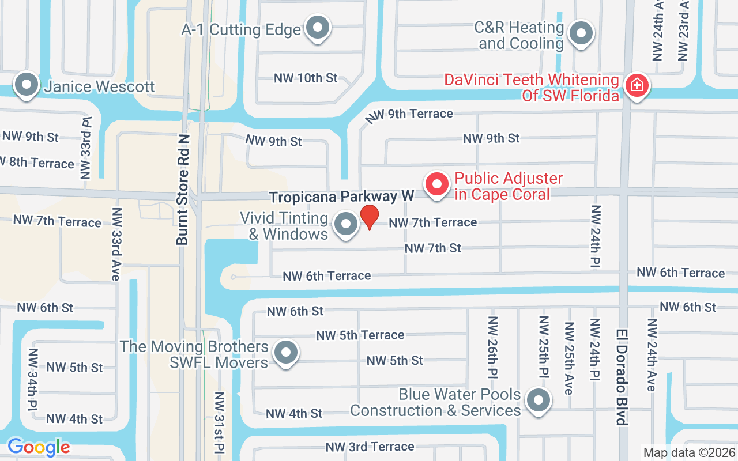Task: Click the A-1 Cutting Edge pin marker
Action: pyautogui.click(x=317, y=28)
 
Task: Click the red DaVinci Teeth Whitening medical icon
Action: pyautogui.click(x=637, y=86)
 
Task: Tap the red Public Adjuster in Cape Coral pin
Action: pyautogui.click(x=437, y=184)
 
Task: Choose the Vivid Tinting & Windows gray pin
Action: pyautogui.click(x=346, y=224)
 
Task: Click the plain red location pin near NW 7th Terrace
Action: pyautogui.click(x=369, y=217)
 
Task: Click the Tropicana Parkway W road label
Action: pyautogui.click(x=342, y=197)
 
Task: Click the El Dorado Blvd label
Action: pyautogui.click(x=622, y=377)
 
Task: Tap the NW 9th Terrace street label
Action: pyautogui.click(x=409, y=115)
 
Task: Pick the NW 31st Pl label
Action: pyautogui.click(x=219, y=422)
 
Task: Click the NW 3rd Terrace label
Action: pyautogui.click(x=370, y=447)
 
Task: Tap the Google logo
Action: pyautogui.click(x=39, y=447)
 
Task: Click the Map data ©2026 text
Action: pyautogui.click(x=689, y=452)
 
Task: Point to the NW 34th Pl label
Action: pyautogui.click(x=32, y=379)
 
